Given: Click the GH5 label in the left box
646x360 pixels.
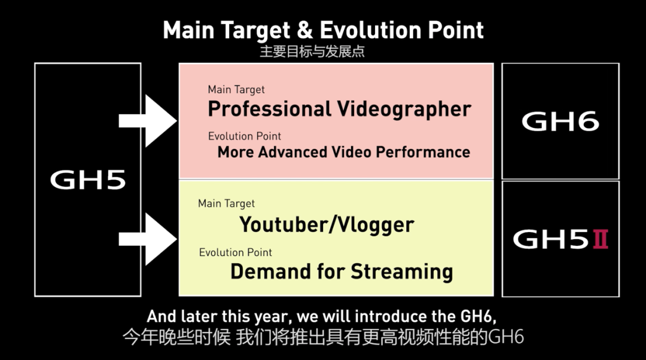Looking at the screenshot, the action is tap(88, 180).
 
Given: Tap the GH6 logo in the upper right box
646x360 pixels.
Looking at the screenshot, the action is tap(560, 121).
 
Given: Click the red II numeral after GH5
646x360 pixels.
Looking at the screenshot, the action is tap(601, 239).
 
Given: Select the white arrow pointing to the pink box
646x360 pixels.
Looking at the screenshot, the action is tap(148, 121).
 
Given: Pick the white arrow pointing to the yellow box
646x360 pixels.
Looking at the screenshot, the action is tap(148, 239).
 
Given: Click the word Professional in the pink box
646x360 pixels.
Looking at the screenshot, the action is tap(270, 109).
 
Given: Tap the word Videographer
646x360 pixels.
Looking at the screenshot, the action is tap(404, 110).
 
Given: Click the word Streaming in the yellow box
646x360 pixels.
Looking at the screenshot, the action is tap(402, 272).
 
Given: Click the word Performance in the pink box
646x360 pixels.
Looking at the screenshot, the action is tap(423, 152).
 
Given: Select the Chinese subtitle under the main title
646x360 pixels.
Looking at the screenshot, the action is tap(312, 51).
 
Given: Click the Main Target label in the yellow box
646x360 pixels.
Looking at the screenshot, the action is tap(226, 203).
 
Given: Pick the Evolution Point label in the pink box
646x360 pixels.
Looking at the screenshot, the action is tap(244, 136).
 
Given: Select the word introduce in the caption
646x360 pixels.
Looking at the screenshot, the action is tap(391, 316).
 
